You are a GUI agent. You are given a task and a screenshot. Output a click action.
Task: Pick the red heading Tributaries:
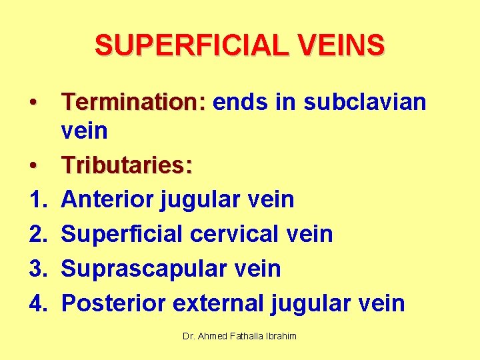click(127, 165)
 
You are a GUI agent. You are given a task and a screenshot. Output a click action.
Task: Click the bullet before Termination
click(32, 103)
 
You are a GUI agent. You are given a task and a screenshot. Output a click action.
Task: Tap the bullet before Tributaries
click(32, 166)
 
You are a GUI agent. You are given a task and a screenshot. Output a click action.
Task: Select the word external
click(219, 303)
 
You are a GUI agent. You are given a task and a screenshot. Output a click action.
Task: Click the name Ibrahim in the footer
click(280, 337)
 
